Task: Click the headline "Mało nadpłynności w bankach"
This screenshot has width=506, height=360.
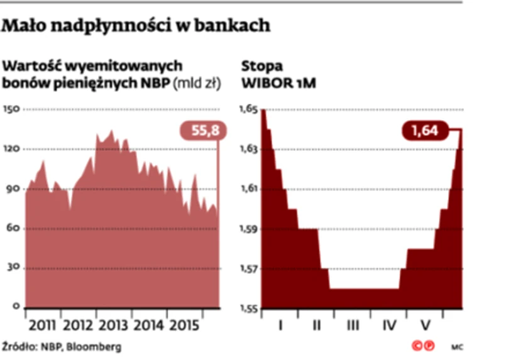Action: pos(137,26)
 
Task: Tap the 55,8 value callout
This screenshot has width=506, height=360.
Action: pos(202,131)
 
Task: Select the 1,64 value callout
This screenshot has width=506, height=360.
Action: pos(425,131)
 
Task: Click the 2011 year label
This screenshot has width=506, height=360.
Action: pos(42,327)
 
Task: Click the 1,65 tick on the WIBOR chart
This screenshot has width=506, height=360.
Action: pos(248,110)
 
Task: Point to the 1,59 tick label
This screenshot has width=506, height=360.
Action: pos(248,229)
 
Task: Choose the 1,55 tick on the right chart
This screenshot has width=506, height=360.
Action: pos(248,308)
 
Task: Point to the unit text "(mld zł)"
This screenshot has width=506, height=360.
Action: pos(197,83)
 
